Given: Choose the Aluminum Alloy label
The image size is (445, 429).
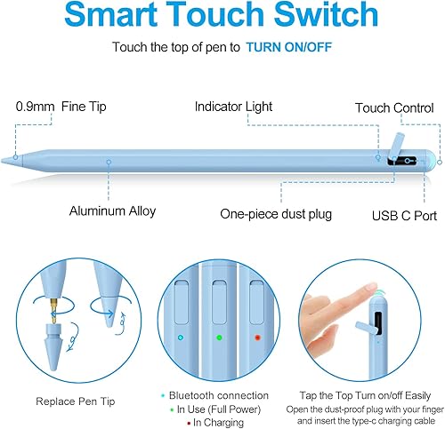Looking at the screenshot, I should coord(112,211).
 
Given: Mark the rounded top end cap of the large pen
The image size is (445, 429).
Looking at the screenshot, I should coord(431,159).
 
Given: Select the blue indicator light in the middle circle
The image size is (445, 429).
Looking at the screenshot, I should coord(181,338).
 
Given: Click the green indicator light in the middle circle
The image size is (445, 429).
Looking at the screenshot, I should coord(220,338).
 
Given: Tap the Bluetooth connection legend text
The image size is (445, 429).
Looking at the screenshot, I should coord(217,395).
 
